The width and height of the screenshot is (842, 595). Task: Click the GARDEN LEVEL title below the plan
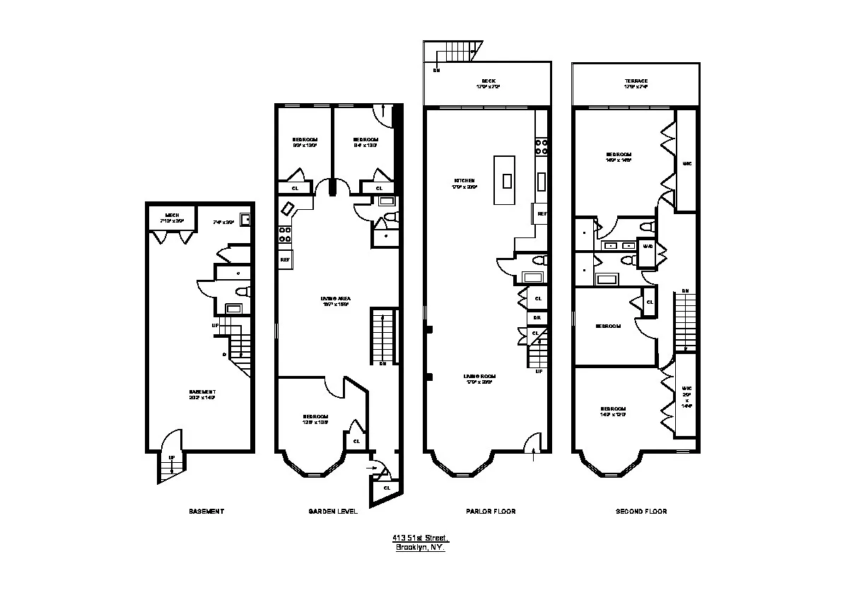pos(333,511)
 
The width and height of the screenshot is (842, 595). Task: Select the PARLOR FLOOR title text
pos(490,511)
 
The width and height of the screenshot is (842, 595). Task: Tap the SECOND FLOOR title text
pos(641,511)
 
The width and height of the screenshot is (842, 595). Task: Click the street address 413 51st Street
pos(421,538)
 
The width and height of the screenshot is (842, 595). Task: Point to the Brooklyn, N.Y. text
pos(421,547)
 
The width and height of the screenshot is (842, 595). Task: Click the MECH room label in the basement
pos(173,215)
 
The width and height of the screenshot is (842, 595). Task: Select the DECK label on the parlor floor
pos(488,81)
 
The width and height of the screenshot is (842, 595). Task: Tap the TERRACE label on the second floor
pos(636,81)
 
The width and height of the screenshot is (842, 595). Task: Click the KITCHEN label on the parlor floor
pos(464,180)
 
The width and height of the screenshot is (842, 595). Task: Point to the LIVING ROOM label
pos(479,376)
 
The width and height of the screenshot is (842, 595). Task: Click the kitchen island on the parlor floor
pos(507,180)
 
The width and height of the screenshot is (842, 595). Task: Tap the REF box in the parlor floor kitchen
pos(542,213)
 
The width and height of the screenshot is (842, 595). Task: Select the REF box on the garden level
pos(286,259)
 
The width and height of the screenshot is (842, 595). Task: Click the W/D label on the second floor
pos(648,246)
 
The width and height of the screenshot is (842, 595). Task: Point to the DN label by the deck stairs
pos(436,70)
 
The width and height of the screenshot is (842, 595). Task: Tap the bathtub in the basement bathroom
pos(233,308)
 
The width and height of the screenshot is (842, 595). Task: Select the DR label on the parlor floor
pos(537,318)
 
